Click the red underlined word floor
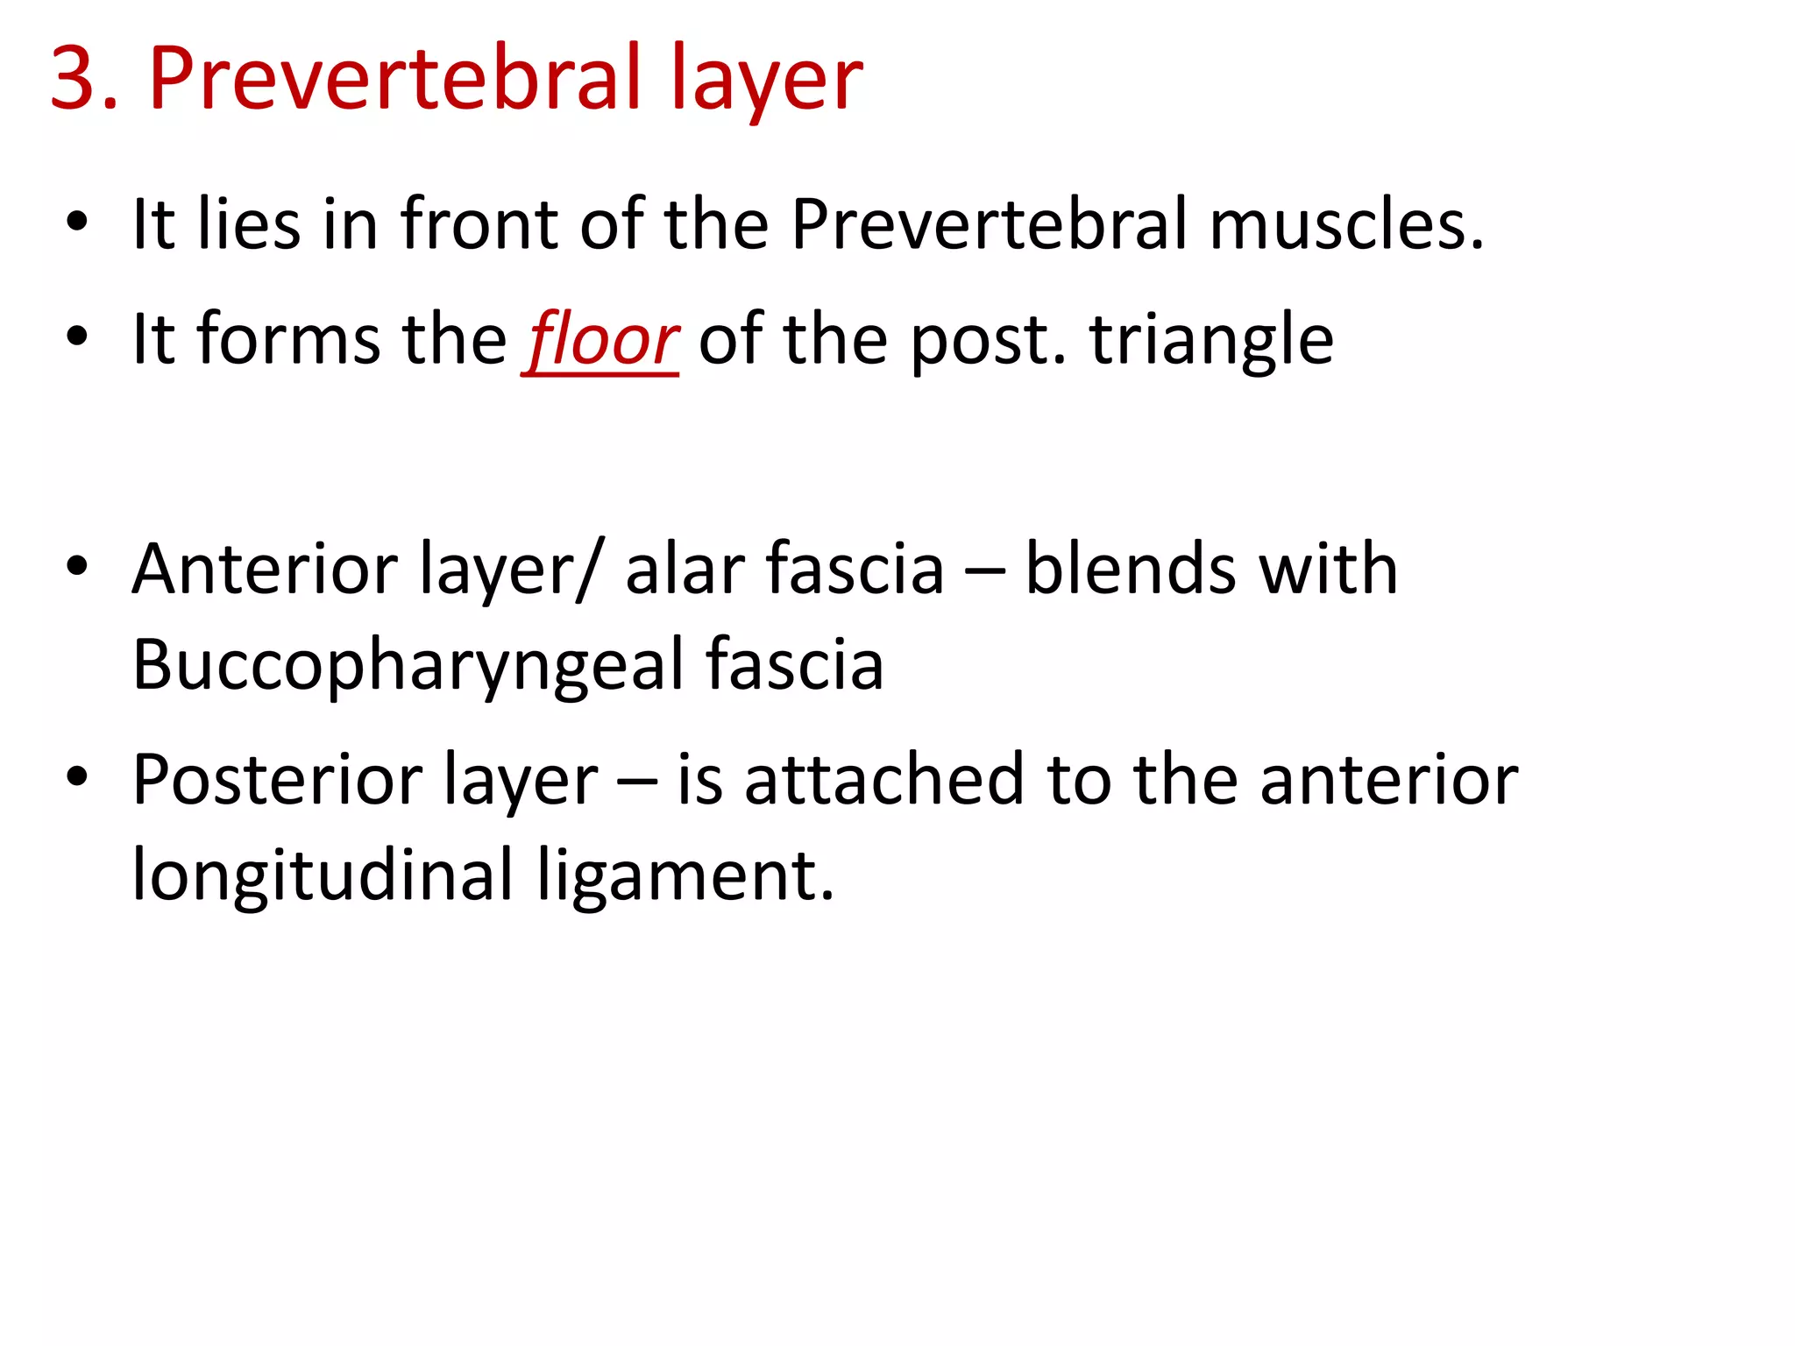(x=602, y=340)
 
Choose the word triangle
(x=1211, y=340)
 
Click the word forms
(x=288, y=340)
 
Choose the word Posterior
(x=276, y=780)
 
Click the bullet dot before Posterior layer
(x=77, y=777)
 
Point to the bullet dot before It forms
(x=77, y=337)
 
